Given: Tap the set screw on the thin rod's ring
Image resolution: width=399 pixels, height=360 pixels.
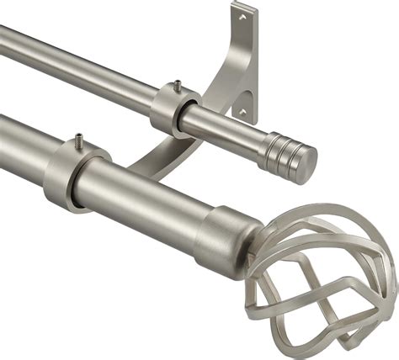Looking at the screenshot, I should click(178, 85).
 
